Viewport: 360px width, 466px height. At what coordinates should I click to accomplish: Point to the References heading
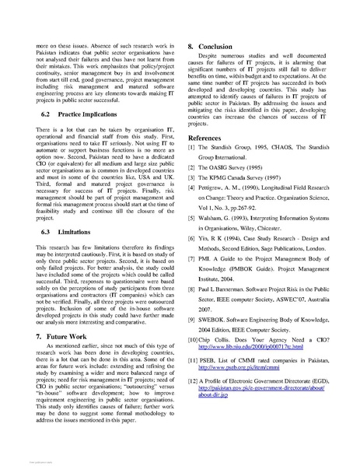(x=209, y=137)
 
